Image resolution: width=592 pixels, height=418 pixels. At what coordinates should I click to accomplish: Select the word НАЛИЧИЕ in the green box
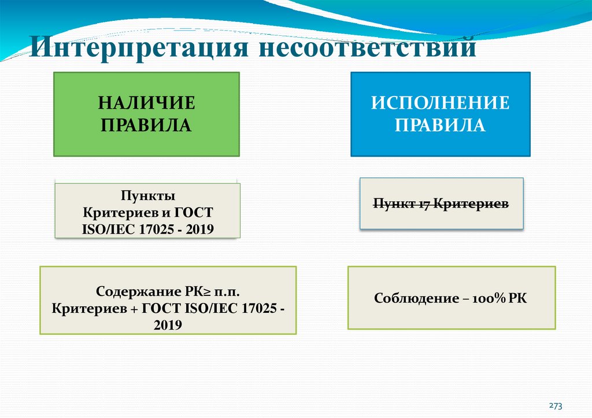point(146,104)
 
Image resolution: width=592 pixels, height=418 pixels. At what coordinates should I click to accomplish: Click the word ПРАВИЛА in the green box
point(146,125)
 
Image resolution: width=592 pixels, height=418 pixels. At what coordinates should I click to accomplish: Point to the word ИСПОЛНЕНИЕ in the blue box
point(440,104)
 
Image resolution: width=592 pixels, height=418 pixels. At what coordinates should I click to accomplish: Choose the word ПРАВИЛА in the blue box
point(440,125)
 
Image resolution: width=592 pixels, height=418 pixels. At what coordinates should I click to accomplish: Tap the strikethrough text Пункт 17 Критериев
point(441,204)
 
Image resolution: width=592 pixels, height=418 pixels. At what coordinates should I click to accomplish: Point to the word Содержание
point(132,291)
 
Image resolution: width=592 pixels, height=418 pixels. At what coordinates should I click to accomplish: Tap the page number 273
point(556,405)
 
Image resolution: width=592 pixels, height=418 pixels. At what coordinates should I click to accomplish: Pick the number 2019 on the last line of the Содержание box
point(168,326)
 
